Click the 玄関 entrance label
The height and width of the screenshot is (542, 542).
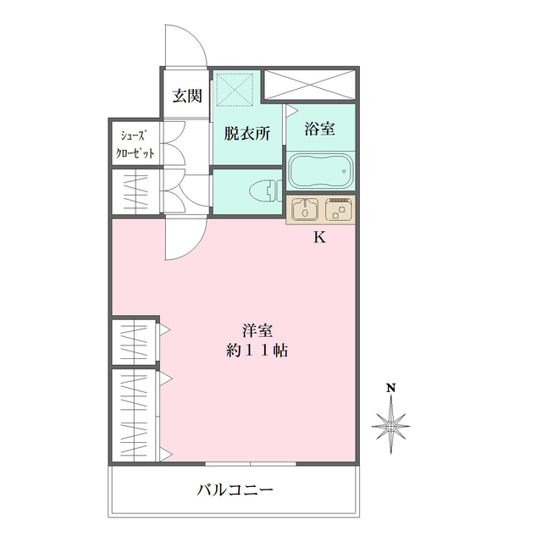(x=187, y=96)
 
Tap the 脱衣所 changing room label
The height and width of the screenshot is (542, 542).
(x=246, y=133)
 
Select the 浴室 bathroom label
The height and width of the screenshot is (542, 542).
(x=319, y=128)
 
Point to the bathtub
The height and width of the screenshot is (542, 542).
(x=321, y=171)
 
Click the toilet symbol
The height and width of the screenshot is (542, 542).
(x=265, y=191)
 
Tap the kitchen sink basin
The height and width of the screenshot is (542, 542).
(x=305, y=209)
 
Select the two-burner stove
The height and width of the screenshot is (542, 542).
(x=339, y=208)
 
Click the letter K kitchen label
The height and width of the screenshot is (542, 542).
(x=319, y=237)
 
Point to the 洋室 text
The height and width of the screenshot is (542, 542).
(x=257, y=331)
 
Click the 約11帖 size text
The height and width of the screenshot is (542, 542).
(x=257, y=351)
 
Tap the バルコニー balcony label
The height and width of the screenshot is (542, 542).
(x=235, y=489)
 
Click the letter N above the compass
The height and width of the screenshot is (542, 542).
(x=391, y=388)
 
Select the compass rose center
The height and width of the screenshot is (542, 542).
(x=391, y=426)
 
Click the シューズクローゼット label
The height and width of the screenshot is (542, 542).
(x=135, y=145)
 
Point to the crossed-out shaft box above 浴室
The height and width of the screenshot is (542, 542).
(x=310, y=85)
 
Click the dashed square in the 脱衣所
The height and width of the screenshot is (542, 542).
(x=235, y=89)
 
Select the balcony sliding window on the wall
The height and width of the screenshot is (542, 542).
(x=251, y=463)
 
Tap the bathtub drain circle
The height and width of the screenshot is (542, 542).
(x=344, y=171)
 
